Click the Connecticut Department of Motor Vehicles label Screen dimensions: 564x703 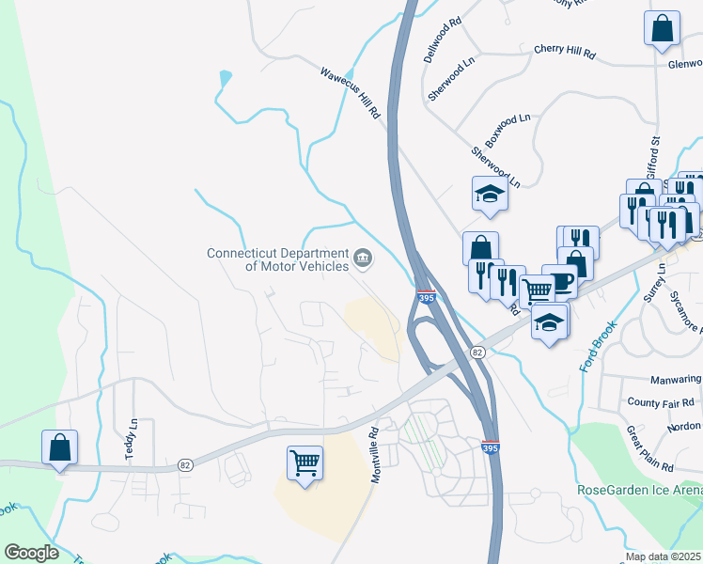coord(277,258)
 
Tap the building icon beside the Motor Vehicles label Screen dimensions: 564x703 coord(363,257)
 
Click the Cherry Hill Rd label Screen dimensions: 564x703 coord(564,52)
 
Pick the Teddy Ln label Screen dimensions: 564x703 coord(131,439)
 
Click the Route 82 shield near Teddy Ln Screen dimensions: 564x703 coord(185,466)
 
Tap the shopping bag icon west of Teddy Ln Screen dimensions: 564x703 coord(59,446)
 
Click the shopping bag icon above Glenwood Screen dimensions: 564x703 coord(662,27)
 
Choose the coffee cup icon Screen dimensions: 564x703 coord(560,281)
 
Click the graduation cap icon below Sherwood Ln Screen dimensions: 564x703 coord(490,194)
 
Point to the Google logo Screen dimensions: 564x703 coord(31,553)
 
